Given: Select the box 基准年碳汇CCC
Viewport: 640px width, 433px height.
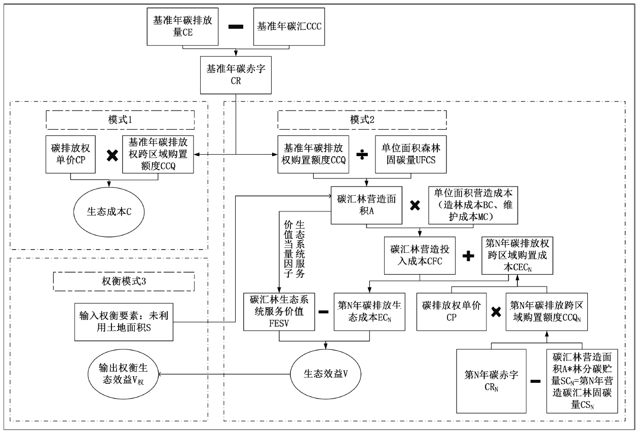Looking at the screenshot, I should pyautogui.click(x=287, y=26).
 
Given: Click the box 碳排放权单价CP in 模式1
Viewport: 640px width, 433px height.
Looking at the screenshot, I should pyautogui.click(x=70, y=153).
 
